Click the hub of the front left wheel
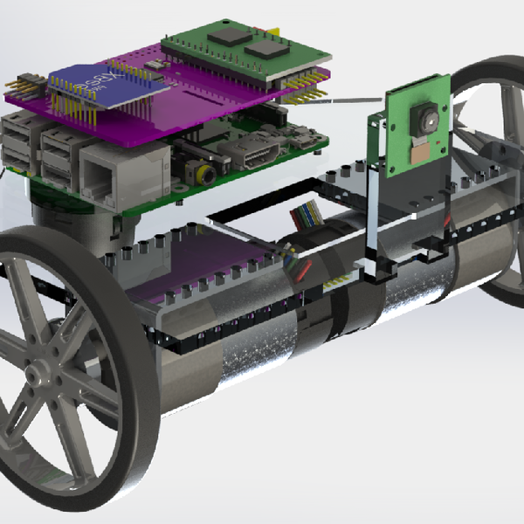click(x=40, y=377)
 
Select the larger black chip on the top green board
click(x=230, y=34)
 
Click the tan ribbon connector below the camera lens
click(x=421, y=150)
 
